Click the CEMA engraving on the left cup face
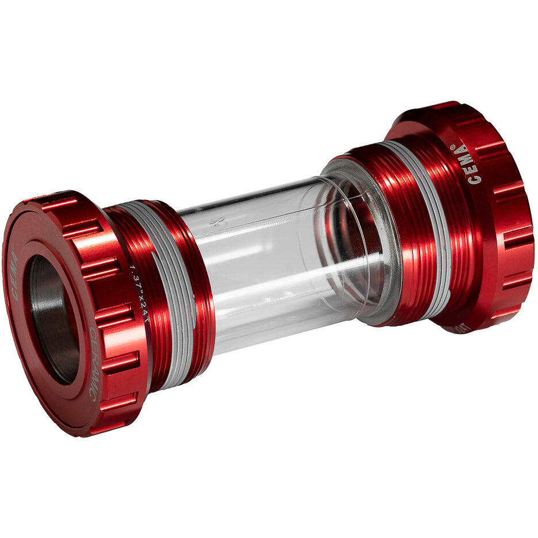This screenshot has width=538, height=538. [x=14, y=274]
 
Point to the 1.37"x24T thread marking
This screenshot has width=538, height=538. [x=140, y=293]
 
